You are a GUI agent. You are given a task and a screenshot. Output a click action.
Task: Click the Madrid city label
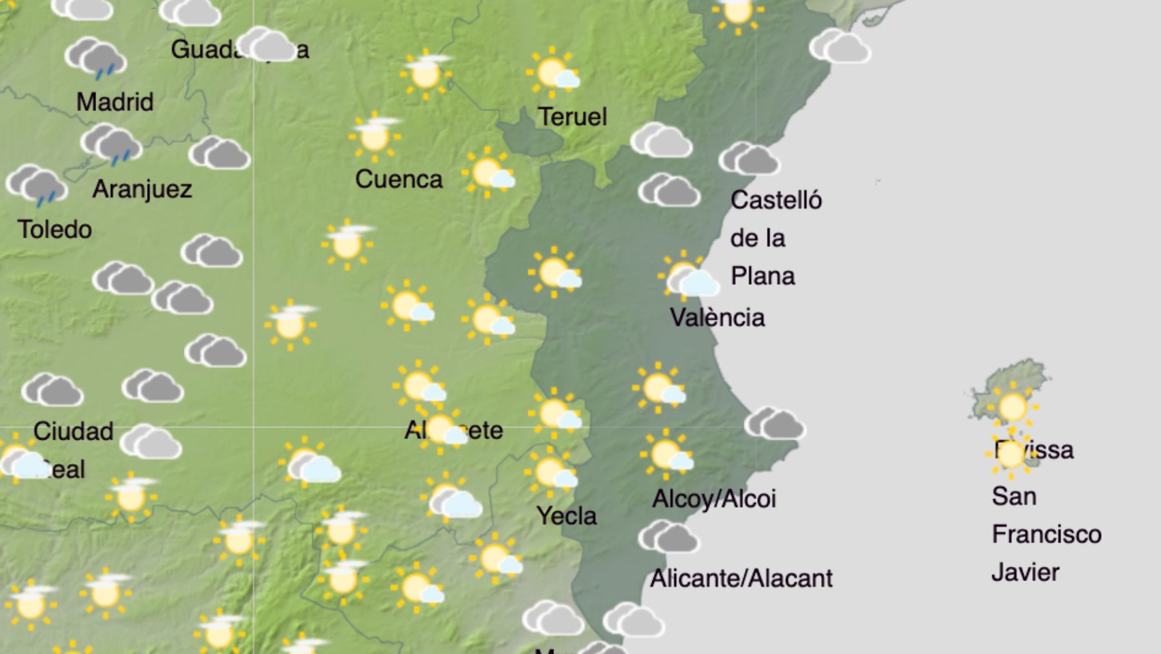115,102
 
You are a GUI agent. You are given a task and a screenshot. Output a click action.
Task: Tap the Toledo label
55,229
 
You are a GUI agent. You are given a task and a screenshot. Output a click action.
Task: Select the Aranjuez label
142,189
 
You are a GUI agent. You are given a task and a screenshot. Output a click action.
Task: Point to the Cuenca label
399,179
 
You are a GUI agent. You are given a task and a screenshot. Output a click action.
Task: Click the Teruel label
572,117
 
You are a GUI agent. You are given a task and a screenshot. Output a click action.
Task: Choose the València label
717,318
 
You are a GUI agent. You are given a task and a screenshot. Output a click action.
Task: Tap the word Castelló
776,200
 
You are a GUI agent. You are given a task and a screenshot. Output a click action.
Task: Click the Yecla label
566,516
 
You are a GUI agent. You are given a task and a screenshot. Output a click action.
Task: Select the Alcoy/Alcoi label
714,499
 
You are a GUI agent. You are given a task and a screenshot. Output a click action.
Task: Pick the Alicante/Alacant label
741,578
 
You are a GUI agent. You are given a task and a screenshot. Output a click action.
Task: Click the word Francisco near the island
1046,535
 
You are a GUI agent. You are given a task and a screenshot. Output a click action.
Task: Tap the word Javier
1025,573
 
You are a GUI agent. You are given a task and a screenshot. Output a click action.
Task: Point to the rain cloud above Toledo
37,186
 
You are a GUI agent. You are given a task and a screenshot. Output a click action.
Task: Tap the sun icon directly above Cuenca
374,136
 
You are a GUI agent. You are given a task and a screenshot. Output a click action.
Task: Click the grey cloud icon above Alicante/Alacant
668,537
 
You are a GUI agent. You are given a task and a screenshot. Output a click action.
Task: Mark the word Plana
762,276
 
